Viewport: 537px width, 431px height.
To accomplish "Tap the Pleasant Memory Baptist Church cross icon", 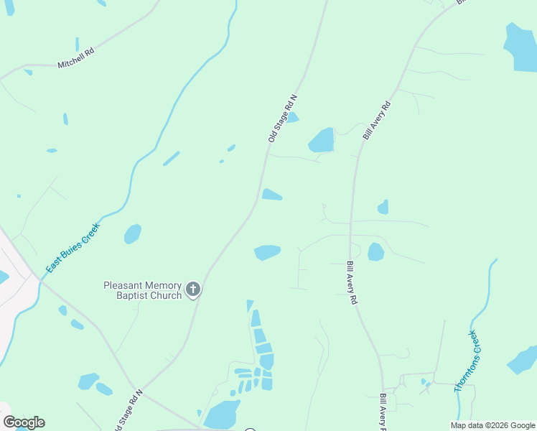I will [192, 289].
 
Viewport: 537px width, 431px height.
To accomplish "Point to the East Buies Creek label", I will [73, 247].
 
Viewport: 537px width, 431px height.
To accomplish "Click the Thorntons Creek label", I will [465, 361].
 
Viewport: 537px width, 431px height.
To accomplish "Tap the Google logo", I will [24, 422].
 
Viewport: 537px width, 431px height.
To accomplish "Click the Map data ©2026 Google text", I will [493, 425].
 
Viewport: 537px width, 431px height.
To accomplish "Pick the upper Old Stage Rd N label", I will [282, 118].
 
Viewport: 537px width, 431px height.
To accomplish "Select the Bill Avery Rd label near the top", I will [377, 120].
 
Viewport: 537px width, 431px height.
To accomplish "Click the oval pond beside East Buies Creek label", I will [133, 233].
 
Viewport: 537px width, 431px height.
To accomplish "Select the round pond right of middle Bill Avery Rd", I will [375, 251].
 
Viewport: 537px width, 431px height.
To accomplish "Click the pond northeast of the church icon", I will [266, 252].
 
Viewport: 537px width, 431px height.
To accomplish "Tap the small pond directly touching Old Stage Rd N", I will [271, 195].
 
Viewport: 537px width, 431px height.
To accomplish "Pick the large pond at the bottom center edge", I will [222, 414].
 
